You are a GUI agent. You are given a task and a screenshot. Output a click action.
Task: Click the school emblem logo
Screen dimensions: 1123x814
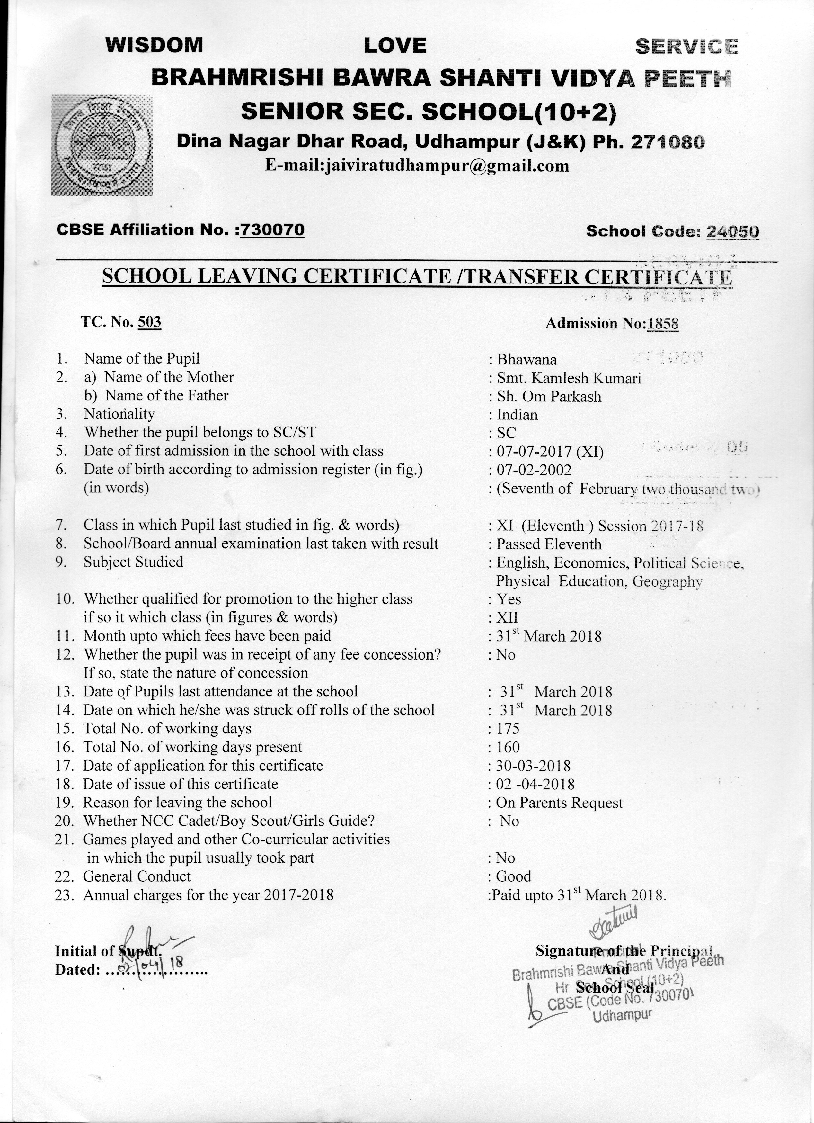click(102, 145)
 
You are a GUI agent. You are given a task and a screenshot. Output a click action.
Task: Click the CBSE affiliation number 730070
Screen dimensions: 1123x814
click(272, 230)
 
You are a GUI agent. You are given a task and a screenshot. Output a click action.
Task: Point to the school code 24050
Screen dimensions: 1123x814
click(733, 231)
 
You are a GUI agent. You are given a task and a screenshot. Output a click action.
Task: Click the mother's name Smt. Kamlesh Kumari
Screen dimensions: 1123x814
click(569, 378)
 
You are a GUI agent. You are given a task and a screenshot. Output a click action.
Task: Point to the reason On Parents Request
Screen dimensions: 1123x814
click(559, 803)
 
